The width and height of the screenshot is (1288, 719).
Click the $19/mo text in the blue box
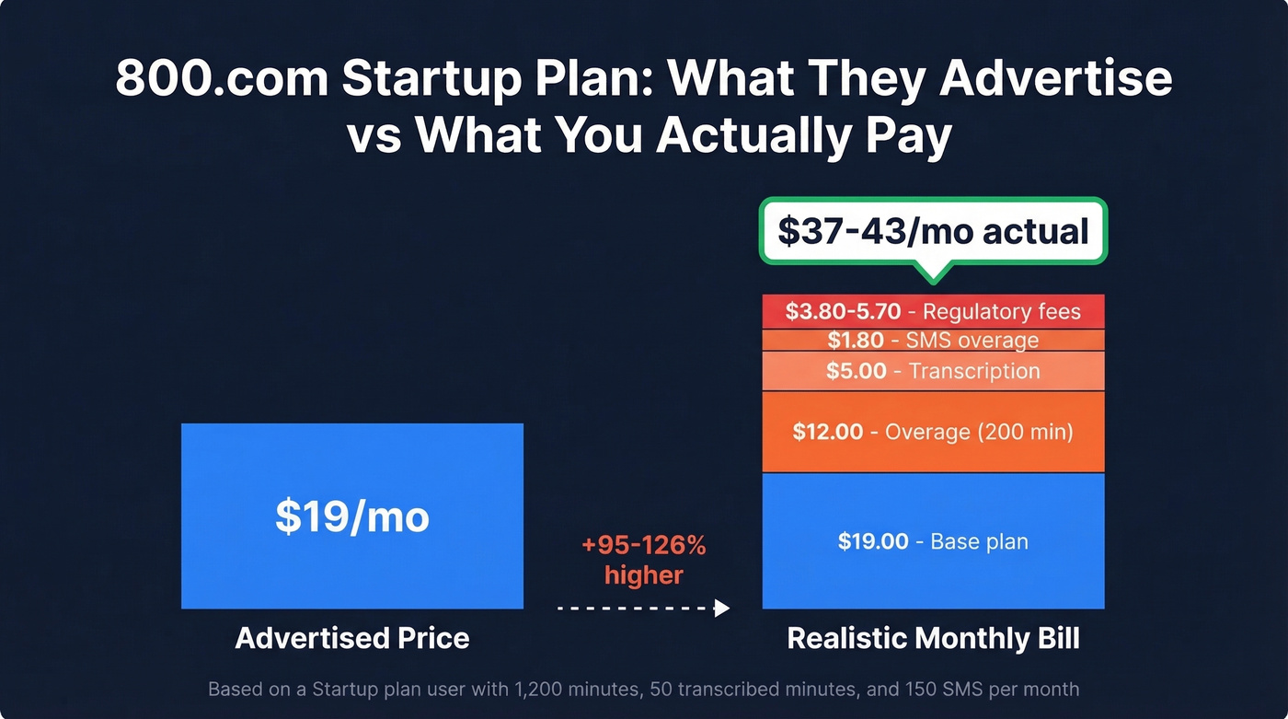click(352, 516)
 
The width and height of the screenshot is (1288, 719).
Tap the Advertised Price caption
click(352, 638)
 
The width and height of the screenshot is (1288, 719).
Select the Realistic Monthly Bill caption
click(933, 638)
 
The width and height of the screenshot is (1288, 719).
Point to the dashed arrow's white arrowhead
click(722, 608)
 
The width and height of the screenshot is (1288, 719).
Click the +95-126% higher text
click(644, 560)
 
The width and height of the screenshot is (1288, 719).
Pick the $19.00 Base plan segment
click(933, 541)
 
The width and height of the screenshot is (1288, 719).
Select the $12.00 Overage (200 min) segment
click(933, 432)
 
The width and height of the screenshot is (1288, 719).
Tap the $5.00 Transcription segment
click(933, 371)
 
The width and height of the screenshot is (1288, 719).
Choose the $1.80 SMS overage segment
click(933, 340)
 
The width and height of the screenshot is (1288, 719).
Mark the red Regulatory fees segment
click(933, 311)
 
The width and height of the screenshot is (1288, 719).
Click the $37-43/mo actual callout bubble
click(933, 231)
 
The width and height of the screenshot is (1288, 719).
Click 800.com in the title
click(221, 80)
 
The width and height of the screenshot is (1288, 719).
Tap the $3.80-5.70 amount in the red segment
click(843, 311)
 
